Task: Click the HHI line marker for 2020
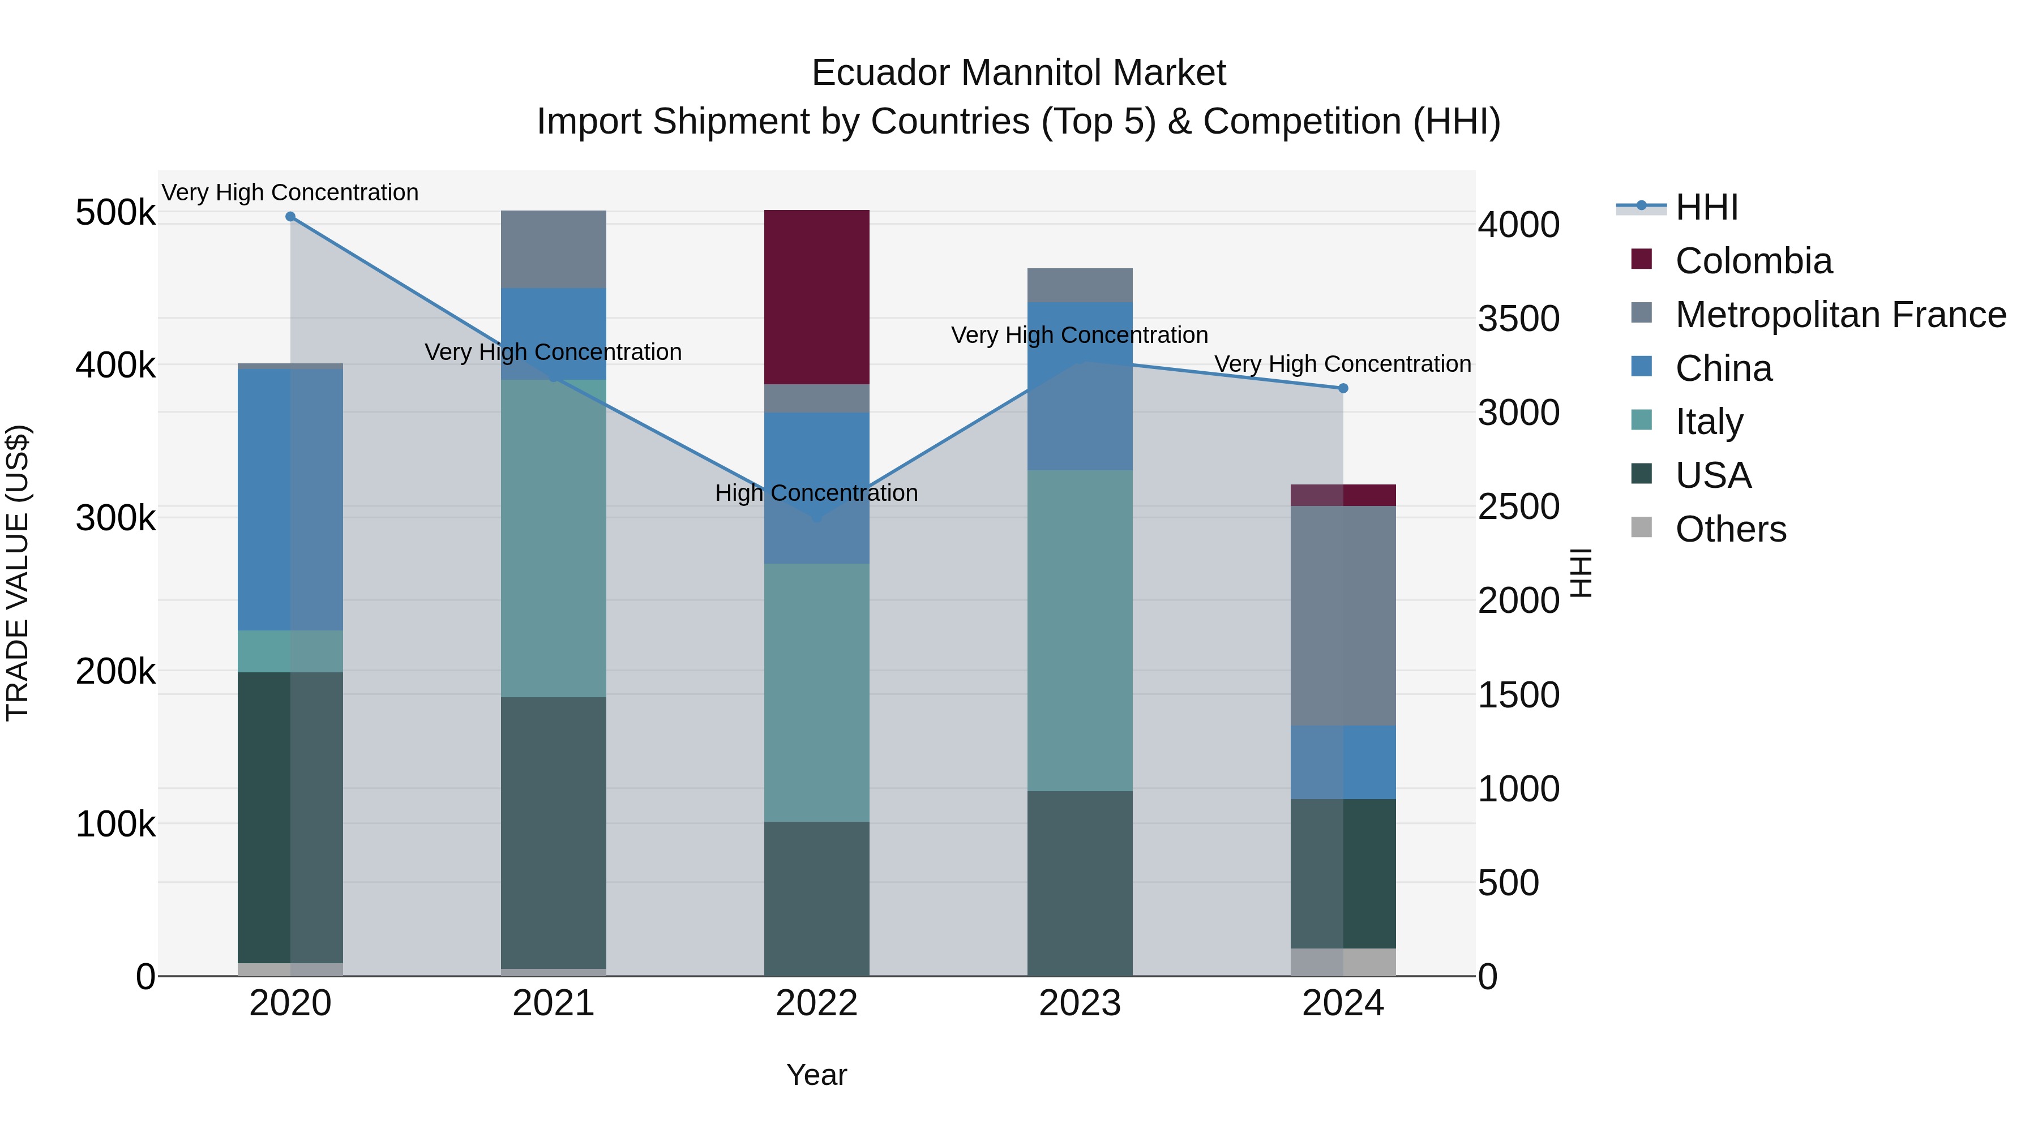tap(290, 217)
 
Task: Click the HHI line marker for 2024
tap(1343, 388)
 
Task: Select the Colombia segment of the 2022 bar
tap(816, 297)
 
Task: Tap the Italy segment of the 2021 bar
tap(553, 538)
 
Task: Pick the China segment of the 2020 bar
tap(290, 499)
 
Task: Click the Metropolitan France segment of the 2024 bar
tap(1343, 615)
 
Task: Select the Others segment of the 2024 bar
tap(1343, 962)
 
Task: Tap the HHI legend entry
tap(1706, 207)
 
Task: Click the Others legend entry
tap(1730, 529)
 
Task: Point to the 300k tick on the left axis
tap(115, 519)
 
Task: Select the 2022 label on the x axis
tap(816, 1003)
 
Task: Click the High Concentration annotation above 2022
tap(816, 493)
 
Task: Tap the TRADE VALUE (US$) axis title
tap(18, 573)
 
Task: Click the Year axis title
tap(816, 1075)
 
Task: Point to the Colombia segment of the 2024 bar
tap(1343, 495)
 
